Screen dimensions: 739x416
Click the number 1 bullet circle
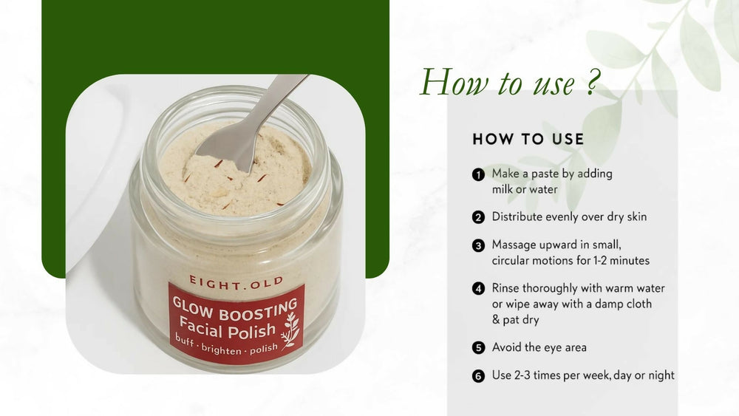point(478,175)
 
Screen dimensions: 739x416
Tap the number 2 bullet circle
point(478,217)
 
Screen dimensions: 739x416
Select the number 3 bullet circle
point(478,245)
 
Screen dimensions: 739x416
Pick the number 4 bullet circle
point(478,288)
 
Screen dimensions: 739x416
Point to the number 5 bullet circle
point(478,348)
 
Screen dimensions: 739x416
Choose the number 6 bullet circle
point(478,376)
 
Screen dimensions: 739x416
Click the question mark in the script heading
point(592,83)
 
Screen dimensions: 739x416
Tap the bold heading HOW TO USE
point(528,139)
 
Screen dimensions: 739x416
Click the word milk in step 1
point(503,189)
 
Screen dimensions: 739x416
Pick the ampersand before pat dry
point(496,319)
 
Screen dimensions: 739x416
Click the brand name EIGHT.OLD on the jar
point(236,282)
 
